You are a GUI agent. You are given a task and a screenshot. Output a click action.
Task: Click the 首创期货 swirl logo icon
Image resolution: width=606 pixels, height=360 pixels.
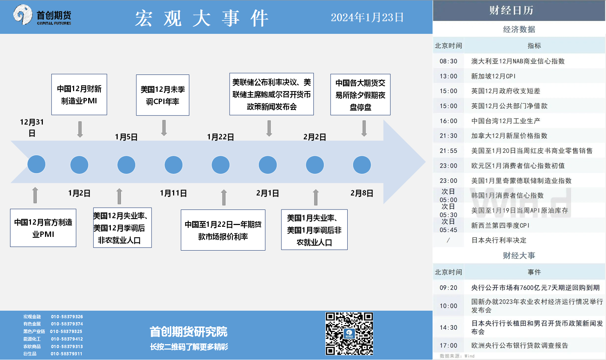23,15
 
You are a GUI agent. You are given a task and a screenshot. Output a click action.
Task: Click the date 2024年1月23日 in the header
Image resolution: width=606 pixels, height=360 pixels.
367,18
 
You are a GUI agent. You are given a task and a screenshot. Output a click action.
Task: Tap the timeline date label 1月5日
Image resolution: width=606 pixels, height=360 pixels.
126,137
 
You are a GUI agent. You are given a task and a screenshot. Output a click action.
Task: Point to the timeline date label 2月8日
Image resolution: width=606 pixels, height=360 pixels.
362,193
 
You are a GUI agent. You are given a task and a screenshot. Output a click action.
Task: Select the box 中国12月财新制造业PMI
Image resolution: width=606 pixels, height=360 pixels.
79,94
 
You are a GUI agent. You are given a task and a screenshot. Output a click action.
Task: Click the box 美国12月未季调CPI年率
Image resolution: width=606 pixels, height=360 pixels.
163,95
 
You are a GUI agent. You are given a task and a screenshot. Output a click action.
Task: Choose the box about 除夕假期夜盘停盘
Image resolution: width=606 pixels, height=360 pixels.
360,94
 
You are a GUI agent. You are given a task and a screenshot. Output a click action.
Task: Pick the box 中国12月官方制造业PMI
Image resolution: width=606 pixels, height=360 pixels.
43,228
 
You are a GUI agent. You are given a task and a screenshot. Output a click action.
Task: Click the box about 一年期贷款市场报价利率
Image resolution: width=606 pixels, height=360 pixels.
223,230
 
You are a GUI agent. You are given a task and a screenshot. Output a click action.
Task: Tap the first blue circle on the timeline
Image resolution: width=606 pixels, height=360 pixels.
36,164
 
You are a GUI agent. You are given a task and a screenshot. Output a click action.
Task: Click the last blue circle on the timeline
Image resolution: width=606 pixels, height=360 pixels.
362,165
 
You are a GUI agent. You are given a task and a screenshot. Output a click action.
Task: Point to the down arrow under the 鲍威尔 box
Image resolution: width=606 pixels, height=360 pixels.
269,128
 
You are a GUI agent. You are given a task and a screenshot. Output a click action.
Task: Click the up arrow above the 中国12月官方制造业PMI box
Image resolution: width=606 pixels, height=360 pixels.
35,195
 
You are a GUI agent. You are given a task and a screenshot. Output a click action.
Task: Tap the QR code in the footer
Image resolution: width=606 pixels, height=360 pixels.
349,333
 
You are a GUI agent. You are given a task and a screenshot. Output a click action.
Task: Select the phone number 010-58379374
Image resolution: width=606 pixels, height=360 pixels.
67,324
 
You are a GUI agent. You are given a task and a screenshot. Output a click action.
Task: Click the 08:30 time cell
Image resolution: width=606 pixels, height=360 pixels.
448,61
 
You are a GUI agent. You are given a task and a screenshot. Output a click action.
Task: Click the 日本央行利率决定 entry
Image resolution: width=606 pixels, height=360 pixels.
499,240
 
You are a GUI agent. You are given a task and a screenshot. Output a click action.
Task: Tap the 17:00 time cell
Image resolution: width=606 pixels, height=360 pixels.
448,345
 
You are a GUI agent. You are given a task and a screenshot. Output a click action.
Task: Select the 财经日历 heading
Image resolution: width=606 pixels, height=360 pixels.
511,10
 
